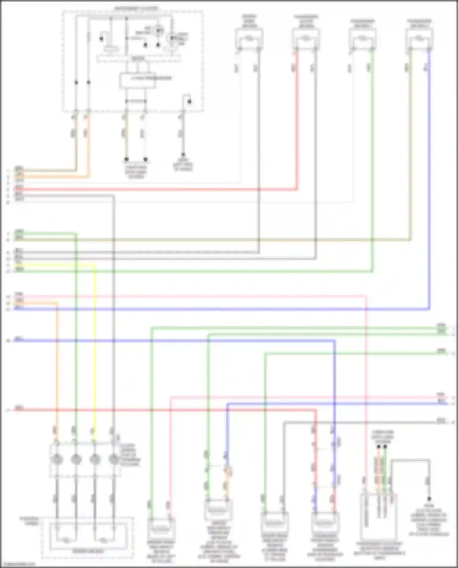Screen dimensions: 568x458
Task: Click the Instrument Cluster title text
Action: (136, 9)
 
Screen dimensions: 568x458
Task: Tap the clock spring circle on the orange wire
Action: (57, 459)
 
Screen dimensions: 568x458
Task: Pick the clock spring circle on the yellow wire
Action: (95, 459)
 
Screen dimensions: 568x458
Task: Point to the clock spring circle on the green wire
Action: (76, 459)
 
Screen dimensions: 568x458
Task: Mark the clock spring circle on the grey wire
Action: (114, 459)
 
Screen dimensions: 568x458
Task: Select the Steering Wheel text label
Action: (29, 521)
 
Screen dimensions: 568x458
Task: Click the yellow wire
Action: (95, 336)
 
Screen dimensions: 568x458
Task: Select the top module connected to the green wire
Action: (362, 39)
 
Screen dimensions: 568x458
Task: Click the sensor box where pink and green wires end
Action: (161, 529)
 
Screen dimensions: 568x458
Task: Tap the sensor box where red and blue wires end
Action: (325, 523)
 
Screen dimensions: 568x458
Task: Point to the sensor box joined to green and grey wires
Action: (274, 523)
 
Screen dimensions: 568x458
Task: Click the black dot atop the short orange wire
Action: (379, 447)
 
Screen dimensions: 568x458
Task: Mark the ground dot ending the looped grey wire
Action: (429, 499)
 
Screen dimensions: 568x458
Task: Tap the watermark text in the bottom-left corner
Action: (18, 565)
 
